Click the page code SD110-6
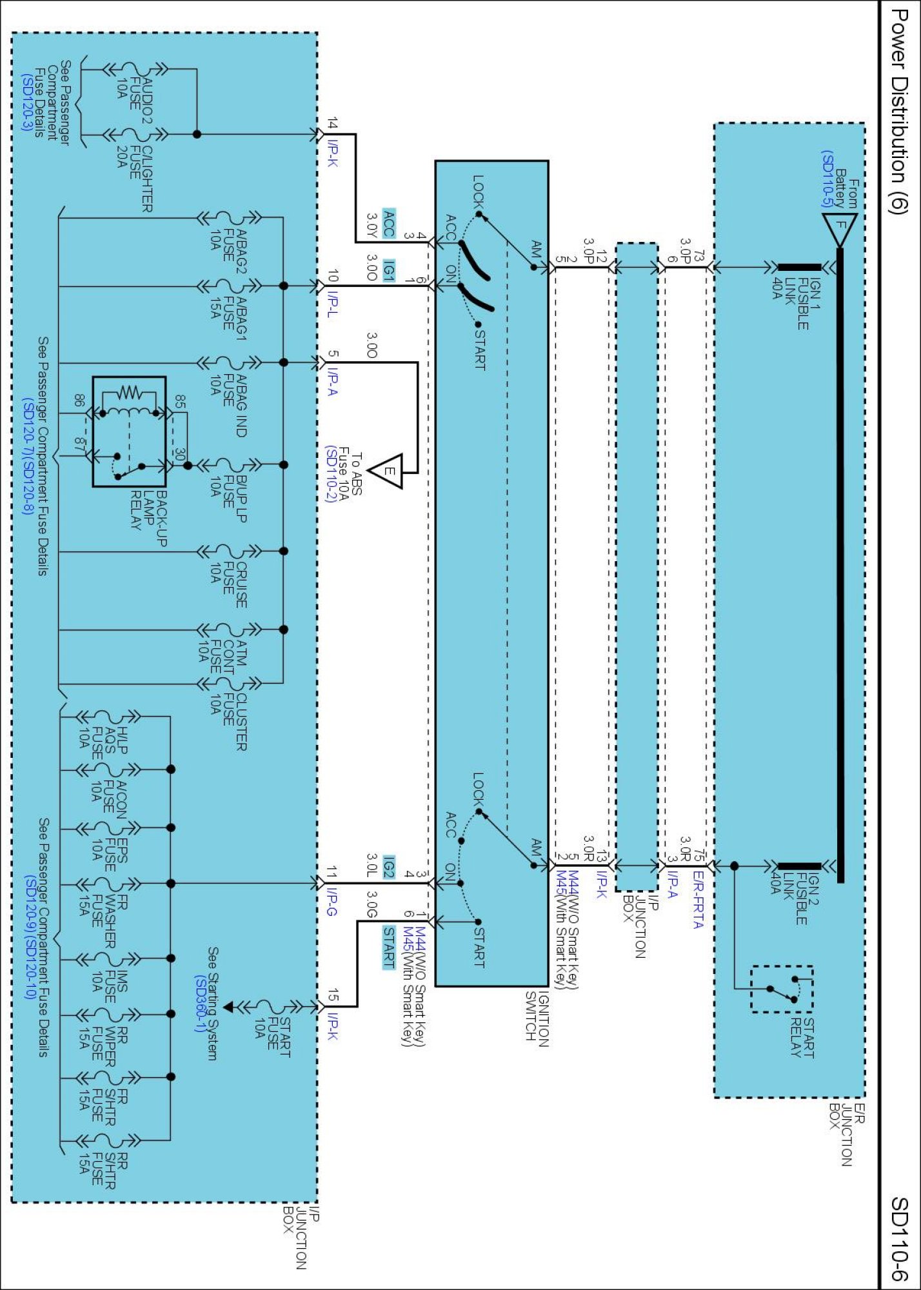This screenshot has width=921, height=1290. click(899, 1238)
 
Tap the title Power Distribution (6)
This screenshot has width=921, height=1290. click(899, 111)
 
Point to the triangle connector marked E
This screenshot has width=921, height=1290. click(386, 471)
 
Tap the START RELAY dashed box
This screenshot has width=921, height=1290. click(782, 989)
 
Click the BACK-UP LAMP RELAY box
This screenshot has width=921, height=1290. click(129, 432)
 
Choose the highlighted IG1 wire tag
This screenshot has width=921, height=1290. click(388, 270)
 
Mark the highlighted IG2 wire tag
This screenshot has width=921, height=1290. click(388, 866)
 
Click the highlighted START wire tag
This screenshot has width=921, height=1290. click(388, 948)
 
